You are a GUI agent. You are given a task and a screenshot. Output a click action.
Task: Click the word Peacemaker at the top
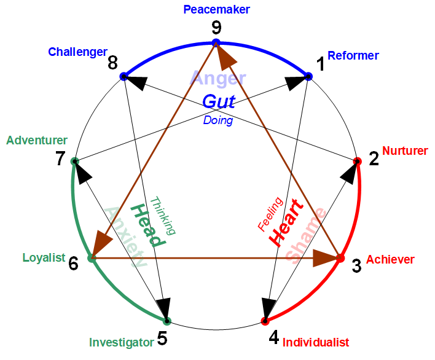(217, 9)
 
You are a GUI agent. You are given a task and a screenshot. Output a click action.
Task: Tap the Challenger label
(77, 52)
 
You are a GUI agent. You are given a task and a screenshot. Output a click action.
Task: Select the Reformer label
(353, 56)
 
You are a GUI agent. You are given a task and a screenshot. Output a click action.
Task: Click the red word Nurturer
(405, 151)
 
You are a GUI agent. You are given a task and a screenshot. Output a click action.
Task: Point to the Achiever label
(390, 260)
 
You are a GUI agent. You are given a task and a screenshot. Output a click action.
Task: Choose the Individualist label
(316, 342)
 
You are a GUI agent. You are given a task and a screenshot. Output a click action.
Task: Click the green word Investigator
(121, 342)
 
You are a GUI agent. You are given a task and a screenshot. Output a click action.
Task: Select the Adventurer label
(37, 141)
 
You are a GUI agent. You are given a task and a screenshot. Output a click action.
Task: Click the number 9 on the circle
(216, 27)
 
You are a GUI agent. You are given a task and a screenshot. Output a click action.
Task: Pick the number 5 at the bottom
(162, 338)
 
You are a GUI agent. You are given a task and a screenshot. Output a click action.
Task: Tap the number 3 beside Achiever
(356, 266)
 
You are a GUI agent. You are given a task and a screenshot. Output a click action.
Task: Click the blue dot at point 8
(123, 76)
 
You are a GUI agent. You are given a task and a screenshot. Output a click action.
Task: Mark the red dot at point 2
(358, 161)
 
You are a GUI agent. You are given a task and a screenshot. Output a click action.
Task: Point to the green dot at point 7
(74, 162)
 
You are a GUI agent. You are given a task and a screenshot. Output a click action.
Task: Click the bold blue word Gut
(219, 101)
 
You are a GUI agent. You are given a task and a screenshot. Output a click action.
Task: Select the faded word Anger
(218, 78)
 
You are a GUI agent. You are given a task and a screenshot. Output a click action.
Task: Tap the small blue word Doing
(218, 120)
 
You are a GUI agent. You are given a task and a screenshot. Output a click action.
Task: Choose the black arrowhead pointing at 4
(269, 307)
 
